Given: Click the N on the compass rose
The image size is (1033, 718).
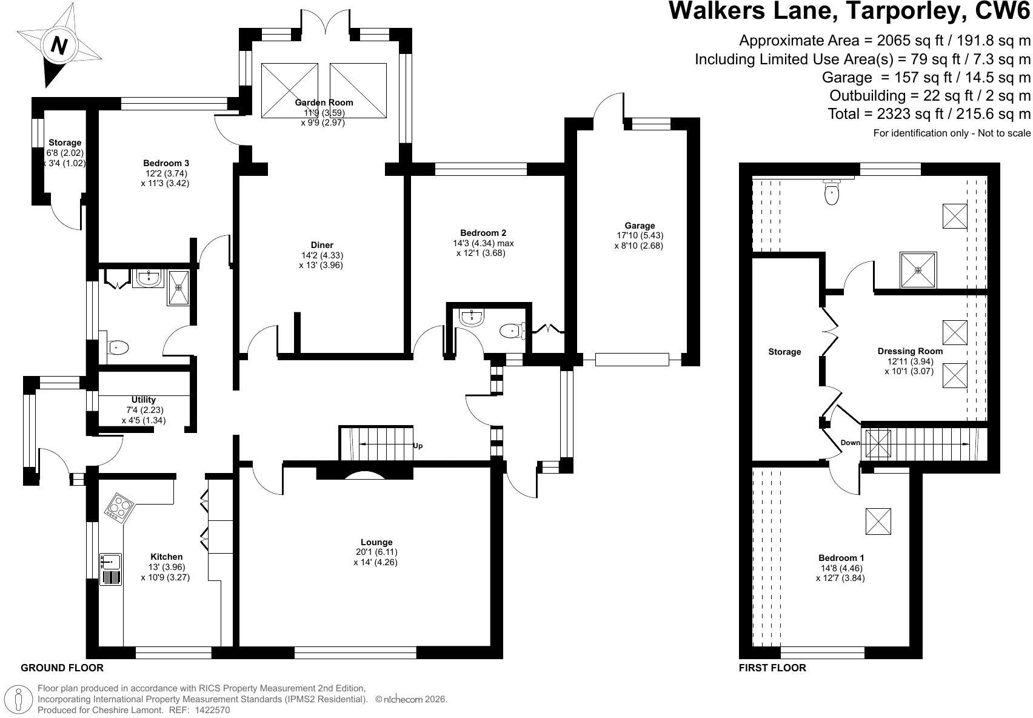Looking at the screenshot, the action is tap(59, 45).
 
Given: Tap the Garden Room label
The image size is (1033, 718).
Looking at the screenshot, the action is tap(324, 102).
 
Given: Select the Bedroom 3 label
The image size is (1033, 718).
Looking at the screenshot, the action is tap(166, 163).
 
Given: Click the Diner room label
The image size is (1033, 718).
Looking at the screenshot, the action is tap(322, 245).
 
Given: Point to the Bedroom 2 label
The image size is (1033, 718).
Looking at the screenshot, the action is tap(483, 233).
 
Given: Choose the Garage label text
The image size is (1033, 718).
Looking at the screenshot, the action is tap(640, 226).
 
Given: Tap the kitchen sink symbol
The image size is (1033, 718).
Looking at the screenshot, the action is tap(111, 569).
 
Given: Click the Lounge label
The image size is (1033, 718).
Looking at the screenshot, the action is tap(376, 542).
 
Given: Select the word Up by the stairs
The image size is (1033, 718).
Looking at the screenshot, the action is tap(417, 446).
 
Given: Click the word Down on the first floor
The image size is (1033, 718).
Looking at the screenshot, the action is tap(850, 443).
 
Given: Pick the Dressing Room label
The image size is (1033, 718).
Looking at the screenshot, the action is tap(910, 351).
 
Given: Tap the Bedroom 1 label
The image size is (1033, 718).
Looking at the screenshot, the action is tap(841, 558).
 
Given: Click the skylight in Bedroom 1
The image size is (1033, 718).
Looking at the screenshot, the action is tap(878, 522).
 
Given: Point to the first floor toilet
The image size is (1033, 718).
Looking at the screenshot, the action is tap(831, 192).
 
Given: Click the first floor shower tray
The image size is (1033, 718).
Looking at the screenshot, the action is tap(918, 270).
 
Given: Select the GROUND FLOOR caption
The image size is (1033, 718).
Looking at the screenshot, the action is tap(62, 668).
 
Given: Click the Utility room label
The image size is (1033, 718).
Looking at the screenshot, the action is tap(144, 400).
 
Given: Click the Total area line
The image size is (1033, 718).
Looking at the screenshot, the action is tap(929, 113).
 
